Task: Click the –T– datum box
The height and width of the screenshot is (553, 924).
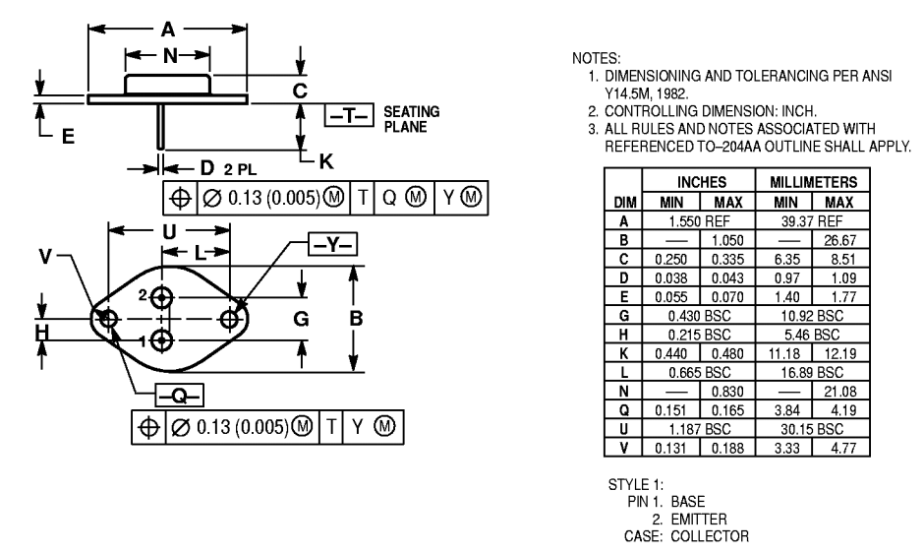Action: click(x=349, y=115)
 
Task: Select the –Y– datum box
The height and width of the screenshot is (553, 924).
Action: click(x=333, y=244)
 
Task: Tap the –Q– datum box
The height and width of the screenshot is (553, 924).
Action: click(x=180, y=396)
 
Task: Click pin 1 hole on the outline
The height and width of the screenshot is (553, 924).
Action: click(x=161, y=340)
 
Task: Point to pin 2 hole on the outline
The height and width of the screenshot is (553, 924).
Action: click(x=161, y=296)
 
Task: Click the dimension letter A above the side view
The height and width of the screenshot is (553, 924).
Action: click(x=168, y=30)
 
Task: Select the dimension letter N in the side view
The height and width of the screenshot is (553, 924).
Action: click(x=170, y=56)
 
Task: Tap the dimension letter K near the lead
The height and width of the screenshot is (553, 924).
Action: click(x=326, y=161)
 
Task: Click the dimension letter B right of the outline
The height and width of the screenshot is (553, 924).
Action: click(x=356, y=319)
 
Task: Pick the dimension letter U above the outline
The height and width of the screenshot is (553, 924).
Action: click(x=169, y=232)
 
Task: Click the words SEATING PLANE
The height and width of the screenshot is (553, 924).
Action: click(x=411, y=119)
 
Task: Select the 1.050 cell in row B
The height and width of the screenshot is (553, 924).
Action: click(x=727, y=240)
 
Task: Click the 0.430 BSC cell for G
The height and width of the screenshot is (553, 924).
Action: click(x=699, y=316)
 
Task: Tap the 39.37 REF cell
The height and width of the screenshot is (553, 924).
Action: click(x=812, y=221)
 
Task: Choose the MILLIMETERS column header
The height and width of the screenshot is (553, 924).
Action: click(x=813, y=182)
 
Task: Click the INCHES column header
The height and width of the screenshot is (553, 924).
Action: click(x=701, y=182)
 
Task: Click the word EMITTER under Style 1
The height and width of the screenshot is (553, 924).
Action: click(x=699, y=520)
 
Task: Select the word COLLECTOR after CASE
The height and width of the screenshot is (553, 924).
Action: click(x=710, y=536)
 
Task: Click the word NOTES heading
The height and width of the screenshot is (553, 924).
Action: click(x=597, y=58)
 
